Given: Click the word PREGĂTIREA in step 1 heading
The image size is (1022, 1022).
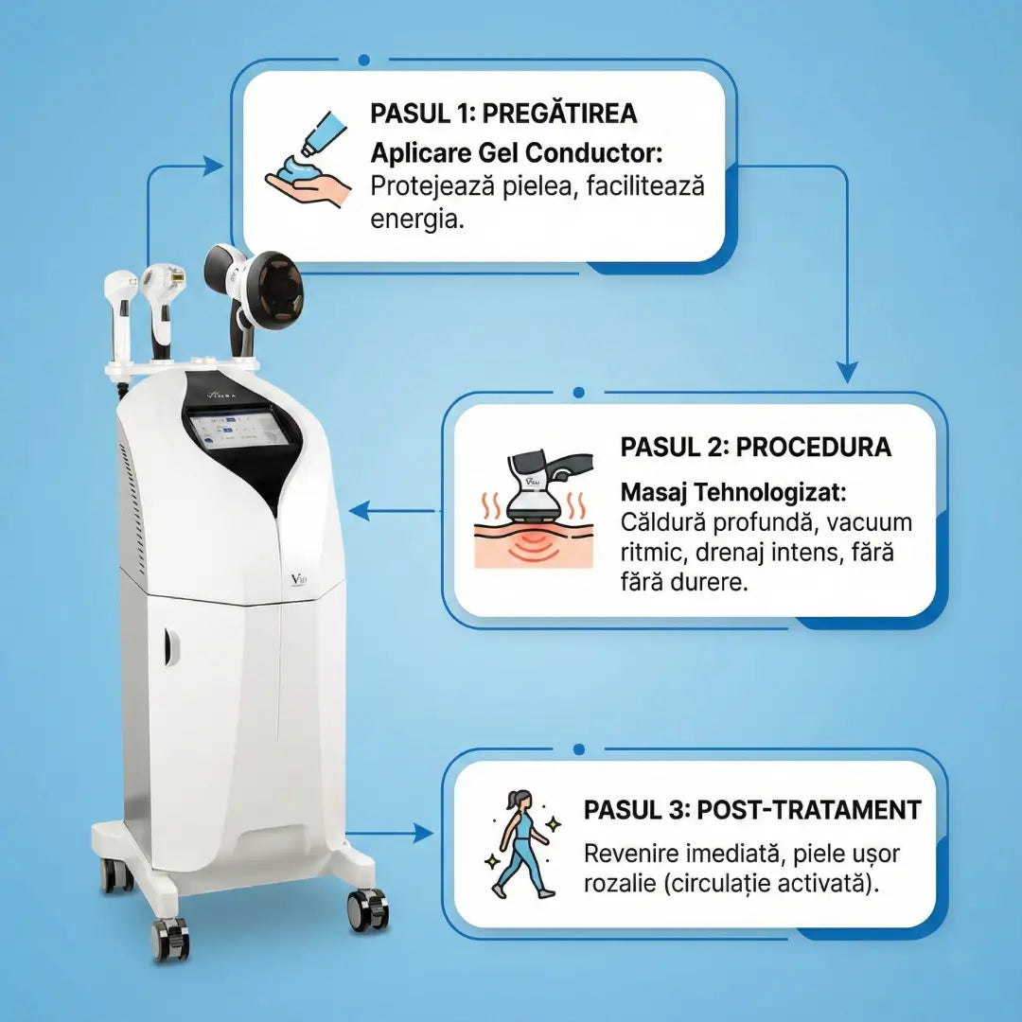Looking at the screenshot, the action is pos(560,114).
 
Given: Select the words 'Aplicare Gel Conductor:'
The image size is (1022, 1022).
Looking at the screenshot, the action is pos(517,154).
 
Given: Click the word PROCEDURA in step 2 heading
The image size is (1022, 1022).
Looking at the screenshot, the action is pos(814,447).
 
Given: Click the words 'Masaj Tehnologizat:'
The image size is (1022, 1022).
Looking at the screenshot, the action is pos(733,492).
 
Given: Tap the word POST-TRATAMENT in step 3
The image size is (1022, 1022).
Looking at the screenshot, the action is pos(809,810).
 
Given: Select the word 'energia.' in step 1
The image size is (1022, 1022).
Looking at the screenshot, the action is pos(417,219).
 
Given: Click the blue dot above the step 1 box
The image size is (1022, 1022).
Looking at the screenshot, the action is pos(363,60).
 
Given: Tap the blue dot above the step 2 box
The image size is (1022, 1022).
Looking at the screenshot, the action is pos(578,393).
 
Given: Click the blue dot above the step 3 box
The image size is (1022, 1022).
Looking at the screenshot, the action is pos(578,749).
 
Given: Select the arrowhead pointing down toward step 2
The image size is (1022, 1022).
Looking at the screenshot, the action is pos(847,373).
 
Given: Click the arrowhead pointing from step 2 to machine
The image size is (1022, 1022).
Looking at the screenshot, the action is pos(360,511).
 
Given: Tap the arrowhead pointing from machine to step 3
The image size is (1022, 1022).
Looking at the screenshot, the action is pos(423,833).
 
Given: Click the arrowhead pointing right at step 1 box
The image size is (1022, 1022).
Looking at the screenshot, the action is pos(213,166).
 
